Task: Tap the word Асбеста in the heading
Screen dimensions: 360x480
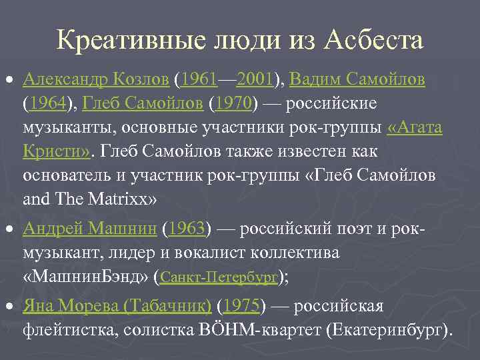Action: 375,41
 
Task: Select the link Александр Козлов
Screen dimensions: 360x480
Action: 95,81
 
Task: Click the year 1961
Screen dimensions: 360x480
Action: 199,81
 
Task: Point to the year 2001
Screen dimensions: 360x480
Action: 256,81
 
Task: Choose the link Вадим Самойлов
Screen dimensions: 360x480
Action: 357,81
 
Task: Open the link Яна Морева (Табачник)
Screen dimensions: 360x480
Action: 117,306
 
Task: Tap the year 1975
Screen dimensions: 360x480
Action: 241,306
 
